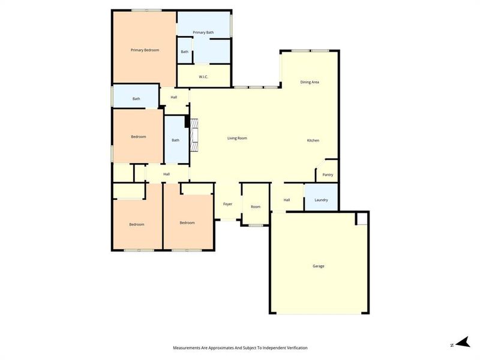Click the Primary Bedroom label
pos(145,50)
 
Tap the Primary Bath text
pos(203,32)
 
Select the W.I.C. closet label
pos(203,76)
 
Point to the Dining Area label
pos(310,82)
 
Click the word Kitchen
pos(313,140)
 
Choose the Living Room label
pos(237,138)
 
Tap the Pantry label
pos(328,175)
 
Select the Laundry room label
pos(321,200)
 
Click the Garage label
pos(319,266)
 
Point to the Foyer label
pos(228,204)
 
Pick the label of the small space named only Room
pos(256,206)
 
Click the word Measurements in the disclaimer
pos(187,348)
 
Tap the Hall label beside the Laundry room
pos(287,200)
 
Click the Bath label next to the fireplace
pos(175,140)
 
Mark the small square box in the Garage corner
pos(362,218)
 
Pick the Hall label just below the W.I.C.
pos(174,97)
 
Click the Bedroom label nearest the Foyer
pos(187,223)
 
